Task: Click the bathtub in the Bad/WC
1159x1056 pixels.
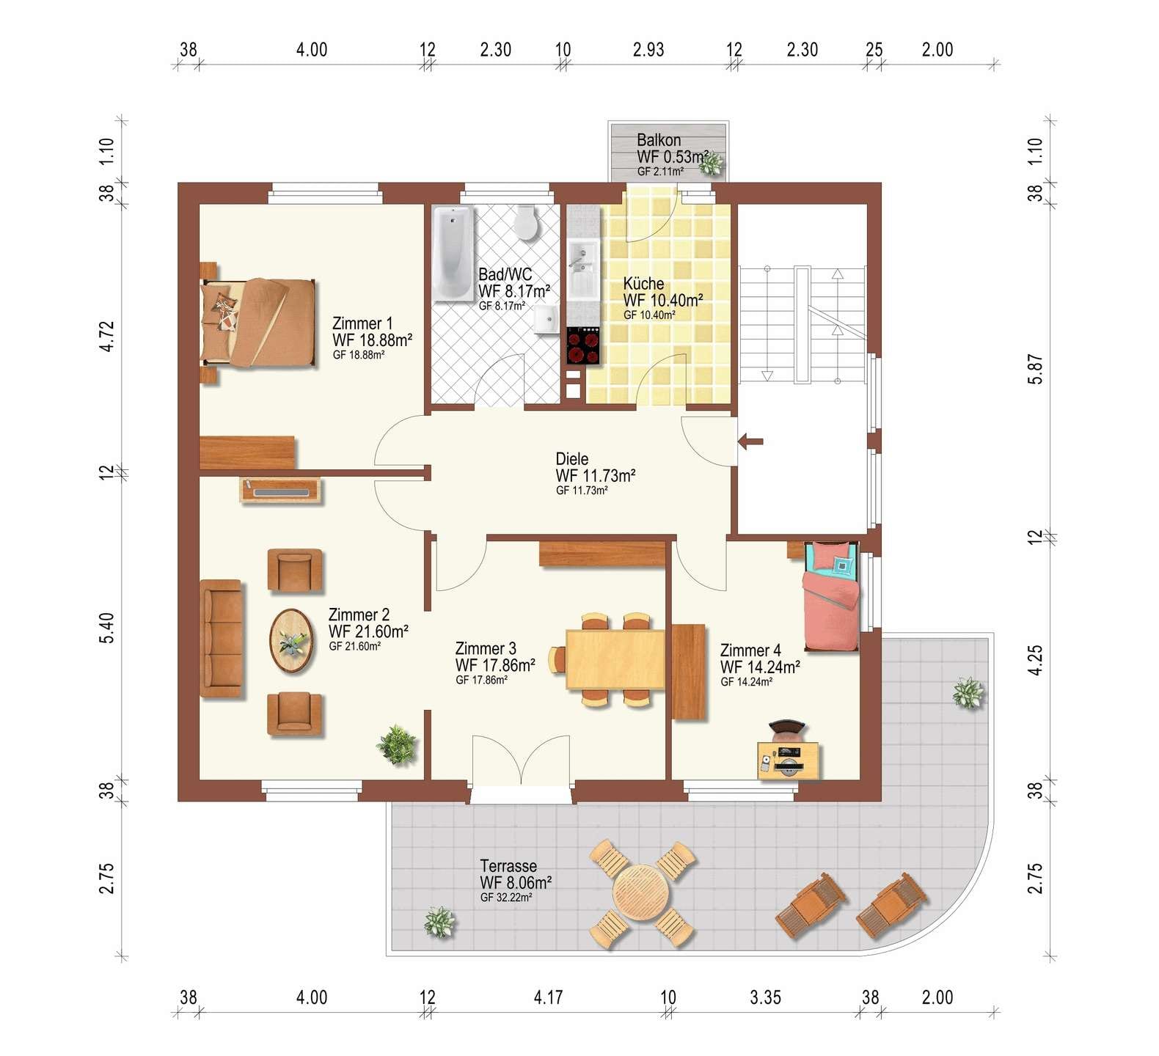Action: (x=453, y=254)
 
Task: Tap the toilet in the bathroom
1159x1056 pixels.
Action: (x=525, y=223)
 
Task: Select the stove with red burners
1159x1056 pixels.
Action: (x=583, y=346)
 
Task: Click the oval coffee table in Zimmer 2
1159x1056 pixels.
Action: (x=292, y=642)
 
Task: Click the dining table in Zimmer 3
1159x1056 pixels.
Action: (x=615, y=659)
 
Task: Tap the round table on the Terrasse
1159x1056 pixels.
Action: (x=641, y=893)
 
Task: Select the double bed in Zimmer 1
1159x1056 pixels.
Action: (x=257, y=322)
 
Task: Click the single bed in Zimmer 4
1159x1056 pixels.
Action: (x=831, y=596)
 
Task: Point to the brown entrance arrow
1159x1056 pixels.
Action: (x=750, y=441)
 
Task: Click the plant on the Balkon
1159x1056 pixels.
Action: (x=710, y=164)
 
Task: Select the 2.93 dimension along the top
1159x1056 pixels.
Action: (x=648, y=50)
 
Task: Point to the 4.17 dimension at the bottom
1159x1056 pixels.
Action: (x=548, y=997)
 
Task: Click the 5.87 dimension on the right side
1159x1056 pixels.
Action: (x=1035, y=369)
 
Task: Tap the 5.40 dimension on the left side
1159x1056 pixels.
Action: (x=107, y=628)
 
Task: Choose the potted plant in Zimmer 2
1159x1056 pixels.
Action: (x=397, y=745)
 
